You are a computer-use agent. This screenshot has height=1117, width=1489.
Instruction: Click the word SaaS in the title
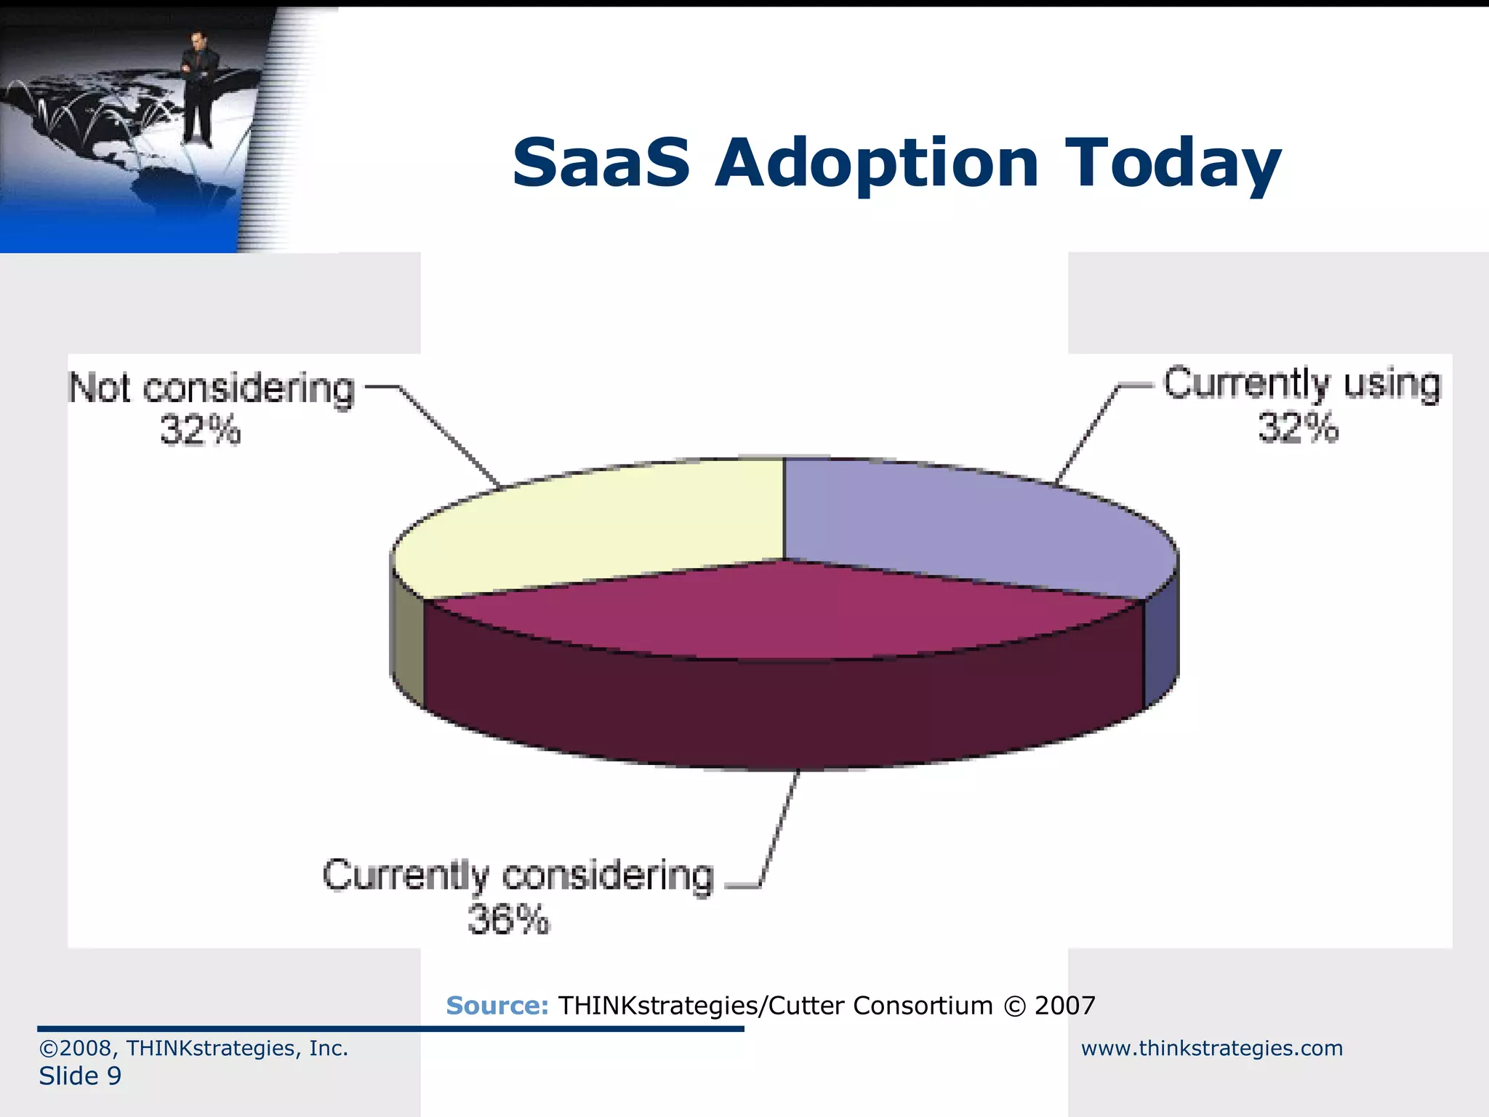[x=601, y=163]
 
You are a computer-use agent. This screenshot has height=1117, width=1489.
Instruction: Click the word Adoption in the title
[x=876, y=164]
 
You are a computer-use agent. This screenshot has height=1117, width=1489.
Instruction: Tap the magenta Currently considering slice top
[x=785, y=611]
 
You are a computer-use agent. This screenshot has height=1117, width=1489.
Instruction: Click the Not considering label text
[x=212, y=389]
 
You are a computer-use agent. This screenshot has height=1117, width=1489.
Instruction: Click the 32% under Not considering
[x=200, y=430]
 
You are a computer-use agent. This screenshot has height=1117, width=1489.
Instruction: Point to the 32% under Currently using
[x=1298, y=428]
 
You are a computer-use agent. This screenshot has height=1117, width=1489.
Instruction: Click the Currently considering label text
[x=518, y=876]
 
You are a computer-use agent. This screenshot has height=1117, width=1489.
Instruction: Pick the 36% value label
[x=508, y=920]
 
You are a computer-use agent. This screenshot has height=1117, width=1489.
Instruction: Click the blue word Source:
[x=497, y=1006]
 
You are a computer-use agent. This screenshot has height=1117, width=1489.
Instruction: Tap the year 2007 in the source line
[x=1064, y=1006]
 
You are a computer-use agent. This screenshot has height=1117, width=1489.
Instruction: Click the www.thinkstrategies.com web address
[x=1211, y=1048]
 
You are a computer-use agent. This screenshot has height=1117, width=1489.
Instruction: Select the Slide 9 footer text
[x=80, y=1076]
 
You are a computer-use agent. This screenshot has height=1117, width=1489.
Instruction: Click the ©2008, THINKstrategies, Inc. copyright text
[x=193, y=1048]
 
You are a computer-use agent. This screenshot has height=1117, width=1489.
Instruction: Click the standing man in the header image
[x=196, y=87]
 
